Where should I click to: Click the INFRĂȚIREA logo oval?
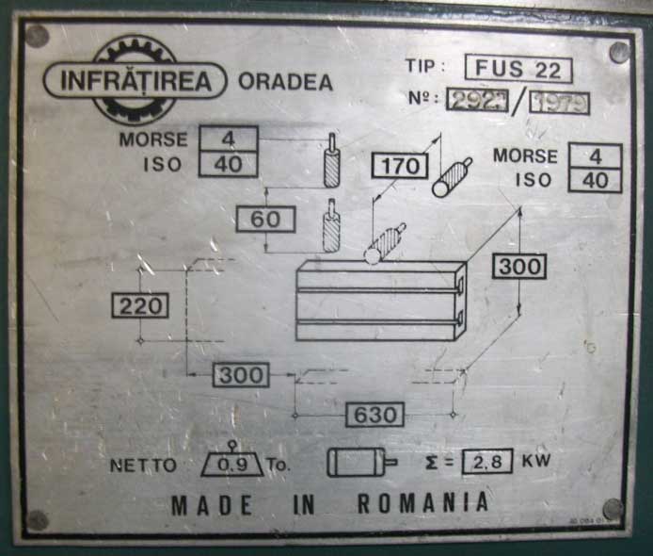coord(135,80)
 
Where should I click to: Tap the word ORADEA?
coord(285,82)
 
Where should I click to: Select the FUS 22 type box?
coord(518,69)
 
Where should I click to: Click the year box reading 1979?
coord(559,102)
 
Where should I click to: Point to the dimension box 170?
coord(400,167)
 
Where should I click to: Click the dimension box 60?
coord(265,220)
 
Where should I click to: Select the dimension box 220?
coord(140,305)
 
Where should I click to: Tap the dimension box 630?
coord(374,415)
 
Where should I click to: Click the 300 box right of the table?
coord(520,267)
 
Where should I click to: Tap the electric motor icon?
coord(360,462)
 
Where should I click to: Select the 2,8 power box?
coord(486,462)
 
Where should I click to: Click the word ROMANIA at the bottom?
coord(422,503)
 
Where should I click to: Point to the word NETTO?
coord(143,465)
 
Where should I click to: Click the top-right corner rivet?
coord(619,52)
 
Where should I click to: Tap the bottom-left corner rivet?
coord(38,519)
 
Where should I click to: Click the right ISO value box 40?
coord(595,180)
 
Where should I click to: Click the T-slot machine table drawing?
coord(380,301)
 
